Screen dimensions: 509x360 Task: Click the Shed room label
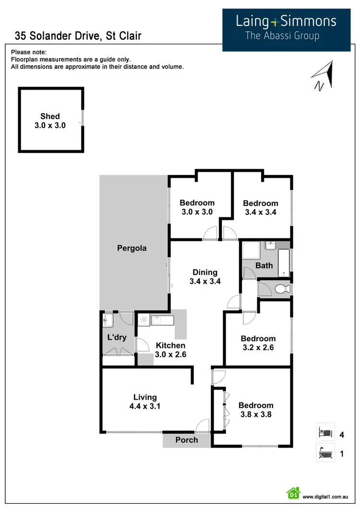[x=50, y=121]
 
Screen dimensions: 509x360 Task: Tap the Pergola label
[x=132, y=248]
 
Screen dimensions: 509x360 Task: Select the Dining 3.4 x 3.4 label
[x=205, y=277]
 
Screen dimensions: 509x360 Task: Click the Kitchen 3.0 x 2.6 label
[x=170, y=350]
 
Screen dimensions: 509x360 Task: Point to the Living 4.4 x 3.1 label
[x=144, y=402]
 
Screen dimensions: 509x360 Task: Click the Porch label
[x=187, y=439]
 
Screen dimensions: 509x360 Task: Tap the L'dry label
[x=117, y=337]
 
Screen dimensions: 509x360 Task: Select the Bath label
[x=264, y=265]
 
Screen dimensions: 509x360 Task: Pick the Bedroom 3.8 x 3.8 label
[x=256, y=410]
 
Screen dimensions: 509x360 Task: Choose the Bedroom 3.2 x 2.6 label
[x=258, y=343]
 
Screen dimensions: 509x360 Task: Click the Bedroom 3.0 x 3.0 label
[x=197, y=207]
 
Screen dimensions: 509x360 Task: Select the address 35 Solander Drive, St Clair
[x=78, y=36]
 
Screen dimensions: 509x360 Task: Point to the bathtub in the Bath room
[x=284, y=263]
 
